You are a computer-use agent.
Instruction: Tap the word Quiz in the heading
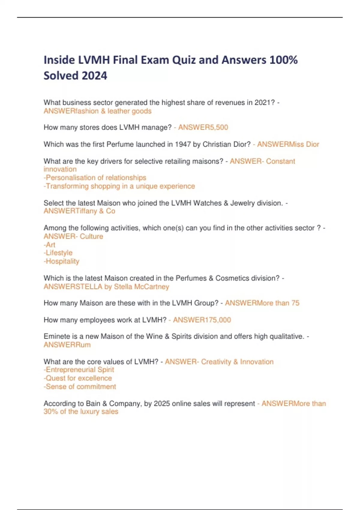pos(184,60)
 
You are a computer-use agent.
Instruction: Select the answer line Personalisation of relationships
pos(95,178)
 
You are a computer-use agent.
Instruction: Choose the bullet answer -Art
pos(49,245)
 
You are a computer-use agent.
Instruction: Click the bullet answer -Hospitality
pos(61,261)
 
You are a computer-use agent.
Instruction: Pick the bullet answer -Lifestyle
pos(58,253)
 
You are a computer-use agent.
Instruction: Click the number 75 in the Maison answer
pos(295,303)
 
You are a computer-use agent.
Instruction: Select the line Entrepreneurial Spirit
pos(79,370)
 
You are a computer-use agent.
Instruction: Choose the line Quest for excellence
pos(78,378)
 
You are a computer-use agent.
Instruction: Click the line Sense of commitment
pos(80,387)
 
